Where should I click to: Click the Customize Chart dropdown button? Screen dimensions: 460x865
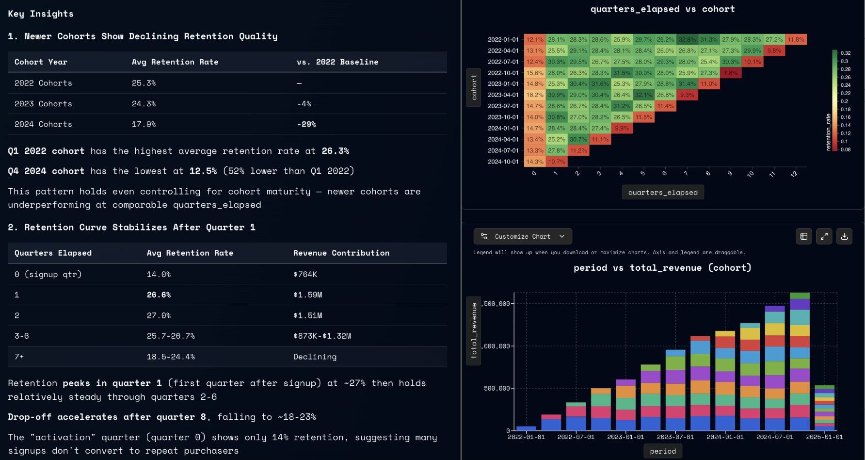pos(523,236)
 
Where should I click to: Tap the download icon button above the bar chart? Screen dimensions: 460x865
pos(844,236)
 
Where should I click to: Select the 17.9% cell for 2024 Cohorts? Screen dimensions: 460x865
pos(144,124)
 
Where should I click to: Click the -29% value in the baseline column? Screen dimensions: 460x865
pos(306,124)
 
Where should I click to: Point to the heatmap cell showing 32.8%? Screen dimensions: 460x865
pos(687,40)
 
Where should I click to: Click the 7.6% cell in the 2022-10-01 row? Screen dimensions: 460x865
pos(731,73)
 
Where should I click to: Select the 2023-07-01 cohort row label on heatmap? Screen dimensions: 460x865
pos(503,106)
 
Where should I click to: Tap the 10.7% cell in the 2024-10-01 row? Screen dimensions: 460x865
pos(557,162)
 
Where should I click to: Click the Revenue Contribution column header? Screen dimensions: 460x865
pos(341,253)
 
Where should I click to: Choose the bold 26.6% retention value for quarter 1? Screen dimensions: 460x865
pos(159,295)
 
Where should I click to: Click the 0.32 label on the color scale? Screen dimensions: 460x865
pos(846,53)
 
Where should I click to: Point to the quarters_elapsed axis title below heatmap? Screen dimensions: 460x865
pos(663,193)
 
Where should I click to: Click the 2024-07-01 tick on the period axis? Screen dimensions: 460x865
pos(775,437)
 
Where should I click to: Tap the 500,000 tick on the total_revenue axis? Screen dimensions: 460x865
pos(497,389)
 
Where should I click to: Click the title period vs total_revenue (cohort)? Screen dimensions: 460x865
pos(662,268)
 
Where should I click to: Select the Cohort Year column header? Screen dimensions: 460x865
pos(41,62)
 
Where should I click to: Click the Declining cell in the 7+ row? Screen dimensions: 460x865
pos(315,357)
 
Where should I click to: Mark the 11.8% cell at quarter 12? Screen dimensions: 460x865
pos(796,40)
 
